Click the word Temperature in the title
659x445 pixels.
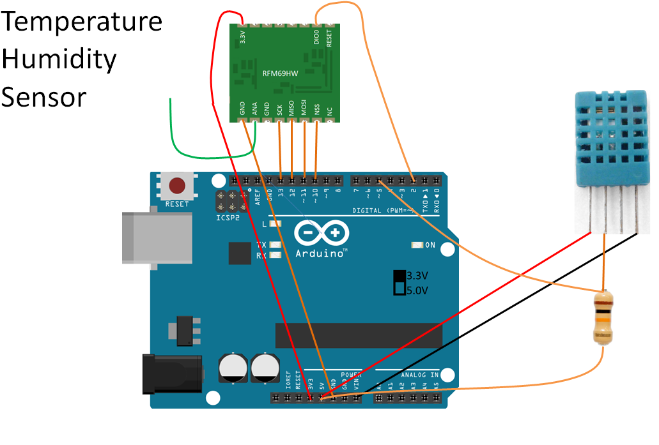[x=82, y=23]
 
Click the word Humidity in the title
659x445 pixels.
[x=59, y=60]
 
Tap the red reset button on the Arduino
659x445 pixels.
[x=177, y=186]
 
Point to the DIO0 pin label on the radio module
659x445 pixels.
[x=317, y=38]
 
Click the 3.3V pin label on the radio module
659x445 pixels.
[x=243, y=38]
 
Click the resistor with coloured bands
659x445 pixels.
[x=603, y=317]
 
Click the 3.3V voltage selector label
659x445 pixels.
[x=417, y=276]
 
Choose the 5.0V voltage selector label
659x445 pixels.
[x=417, y=290]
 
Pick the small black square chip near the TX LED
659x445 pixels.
[x=240, y=253]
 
